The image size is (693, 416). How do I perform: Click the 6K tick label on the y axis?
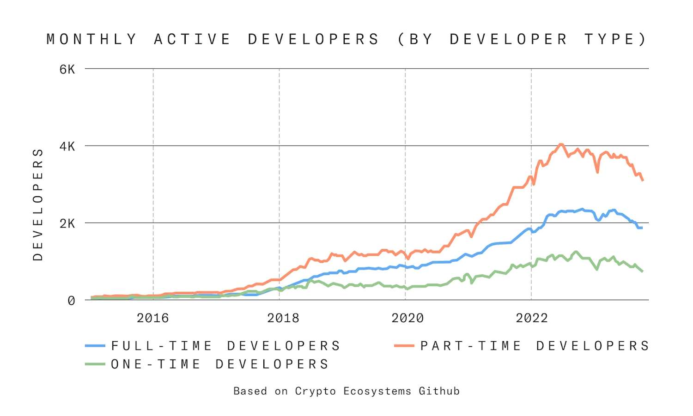click(x=67, y=70)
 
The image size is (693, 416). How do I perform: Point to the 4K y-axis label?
click(x=67, y=147)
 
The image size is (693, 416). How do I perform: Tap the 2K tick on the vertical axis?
click(x=67, y=223)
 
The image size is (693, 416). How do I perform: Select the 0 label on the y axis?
click(x=71, y=301)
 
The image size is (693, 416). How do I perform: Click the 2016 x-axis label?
click(x=153, y=318)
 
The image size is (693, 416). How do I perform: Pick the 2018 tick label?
click(x=283, y=318)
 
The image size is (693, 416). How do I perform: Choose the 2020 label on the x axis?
click(x=407, y=318)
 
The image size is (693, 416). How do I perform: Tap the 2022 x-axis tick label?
click(x=532, y=318)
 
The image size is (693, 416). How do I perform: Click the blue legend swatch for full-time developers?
click(x=95, y=346)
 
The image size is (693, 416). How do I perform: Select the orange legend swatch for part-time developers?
click(x=404, y=346)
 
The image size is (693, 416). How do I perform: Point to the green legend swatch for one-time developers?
click(x=95, y=364)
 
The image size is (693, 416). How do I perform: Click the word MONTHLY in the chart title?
click(x=91, y=39)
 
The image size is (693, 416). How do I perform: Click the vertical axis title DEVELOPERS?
click(x=38, y=205)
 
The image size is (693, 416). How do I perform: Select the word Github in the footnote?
click(x=439, y=391)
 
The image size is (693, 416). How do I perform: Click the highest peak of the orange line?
click(x=561, y=144)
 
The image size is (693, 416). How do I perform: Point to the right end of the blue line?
click(x=642, y=228)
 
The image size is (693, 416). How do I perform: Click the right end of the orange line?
click(x=643, y=180)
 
